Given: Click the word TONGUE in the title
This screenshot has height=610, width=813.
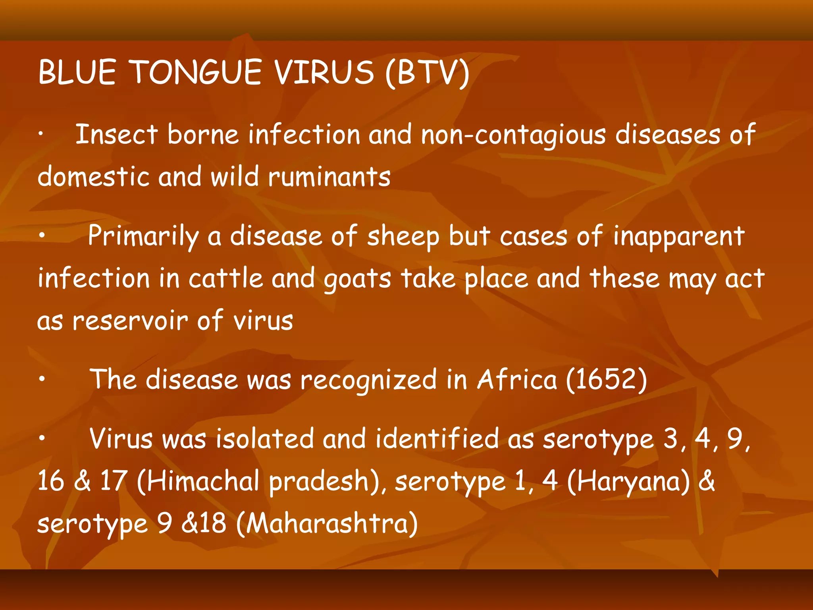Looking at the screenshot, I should [x=196, y=72].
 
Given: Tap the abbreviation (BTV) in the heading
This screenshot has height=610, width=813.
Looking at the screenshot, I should [x=427, y=73].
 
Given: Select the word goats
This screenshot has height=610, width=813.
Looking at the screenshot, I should [x=357, y=279].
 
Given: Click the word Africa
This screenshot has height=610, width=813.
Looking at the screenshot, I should [x=517, y=379].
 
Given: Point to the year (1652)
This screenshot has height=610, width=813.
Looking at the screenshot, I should [x=606, y=379].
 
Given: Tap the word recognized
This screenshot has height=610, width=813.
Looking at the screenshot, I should [x=368, y=380].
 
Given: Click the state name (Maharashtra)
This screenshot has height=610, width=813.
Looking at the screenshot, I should [x=327, y=523].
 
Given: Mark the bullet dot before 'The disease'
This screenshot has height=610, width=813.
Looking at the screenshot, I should [x=42, y=379].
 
